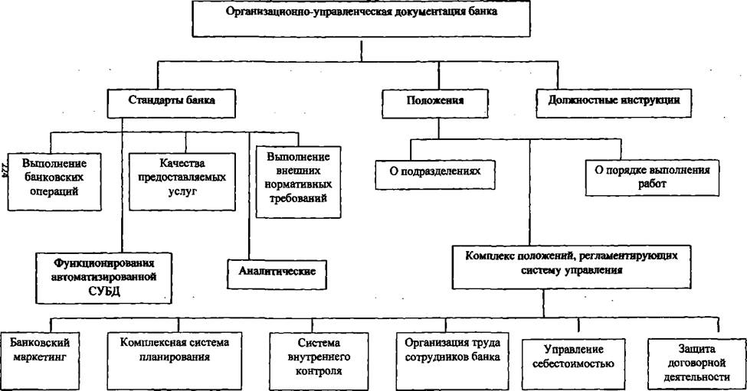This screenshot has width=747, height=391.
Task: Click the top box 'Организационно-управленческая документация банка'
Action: click(x=361, y=18)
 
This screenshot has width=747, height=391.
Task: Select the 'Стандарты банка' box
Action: click(x=171, y=104)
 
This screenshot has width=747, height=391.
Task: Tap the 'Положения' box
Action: click(x=435, y=104)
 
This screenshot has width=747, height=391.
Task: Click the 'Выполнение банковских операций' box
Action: click(x=54, y=181)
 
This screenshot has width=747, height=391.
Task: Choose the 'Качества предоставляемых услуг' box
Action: click(x=182, y=181)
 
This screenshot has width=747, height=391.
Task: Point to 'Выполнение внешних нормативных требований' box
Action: click(x=298, y=182)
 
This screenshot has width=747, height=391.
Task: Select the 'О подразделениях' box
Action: click(x=435, y=175)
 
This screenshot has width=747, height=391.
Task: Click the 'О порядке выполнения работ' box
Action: click(x=652, y=178)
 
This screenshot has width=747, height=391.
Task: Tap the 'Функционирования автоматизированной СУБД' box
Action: click(x=104, y=278)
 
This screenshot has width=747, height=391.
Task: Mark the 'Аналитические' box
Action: click(x=277, y=274)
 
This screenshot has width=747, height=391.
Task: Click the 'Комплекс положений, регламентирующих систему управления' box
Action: click(x=572, y=267)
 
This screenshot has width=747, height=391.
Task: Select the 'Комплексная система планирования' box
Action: click(x=175, y=361)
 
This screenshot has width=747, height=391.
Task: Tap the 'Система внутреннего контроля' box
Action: click(x=319, y=361)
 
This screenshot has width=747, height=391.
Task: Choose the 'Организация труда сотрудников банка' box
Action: click(x=452, y=361)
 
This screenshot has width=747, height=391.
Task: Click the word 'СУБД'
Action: click(x=104, y=292)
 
